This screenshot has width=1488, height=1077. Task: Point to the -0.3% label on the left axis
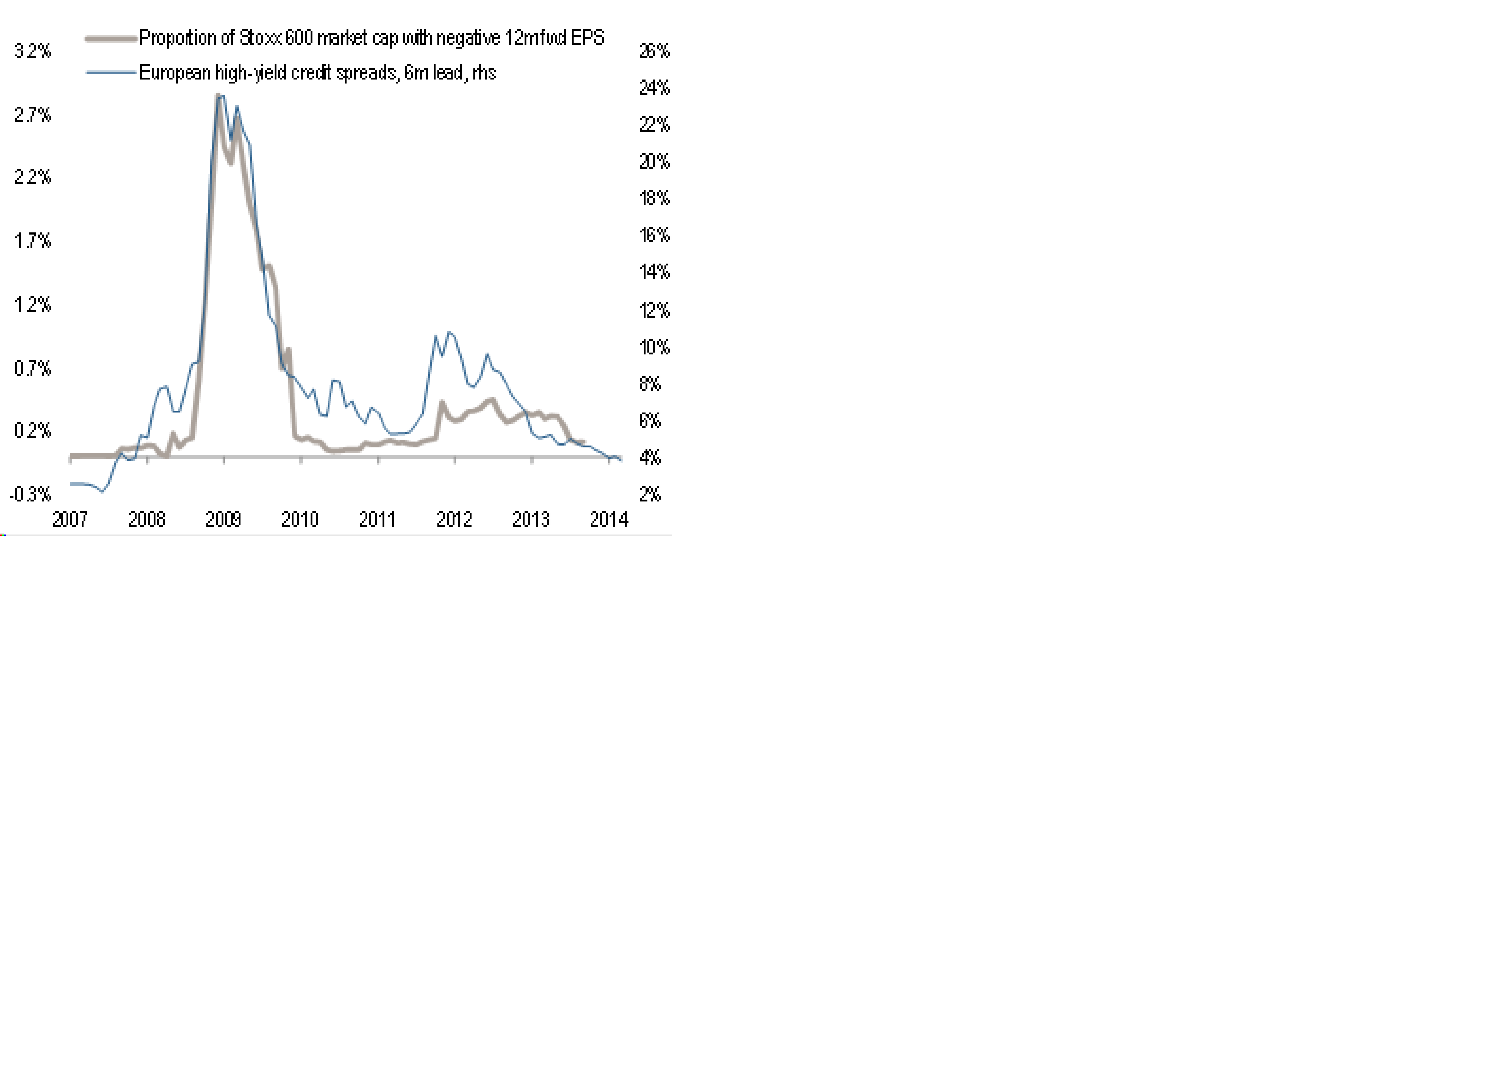30,494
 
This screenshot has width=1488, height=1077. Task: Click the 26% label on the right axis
654,51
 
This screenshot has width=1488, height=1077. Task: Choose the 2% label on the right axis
650,494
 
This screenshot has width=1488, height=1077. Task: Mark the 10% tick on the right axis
654,347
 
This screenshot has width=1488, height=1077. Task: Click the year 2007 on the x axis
70,520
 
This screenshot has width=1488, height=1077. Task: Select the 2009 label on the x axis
223,520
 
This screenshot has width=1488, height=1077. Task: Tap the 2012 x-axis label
454,520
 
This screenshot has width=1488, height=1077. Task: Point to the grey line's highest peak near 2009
217,96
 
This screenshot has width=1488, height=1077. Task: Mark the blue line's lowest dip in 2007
102,491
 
